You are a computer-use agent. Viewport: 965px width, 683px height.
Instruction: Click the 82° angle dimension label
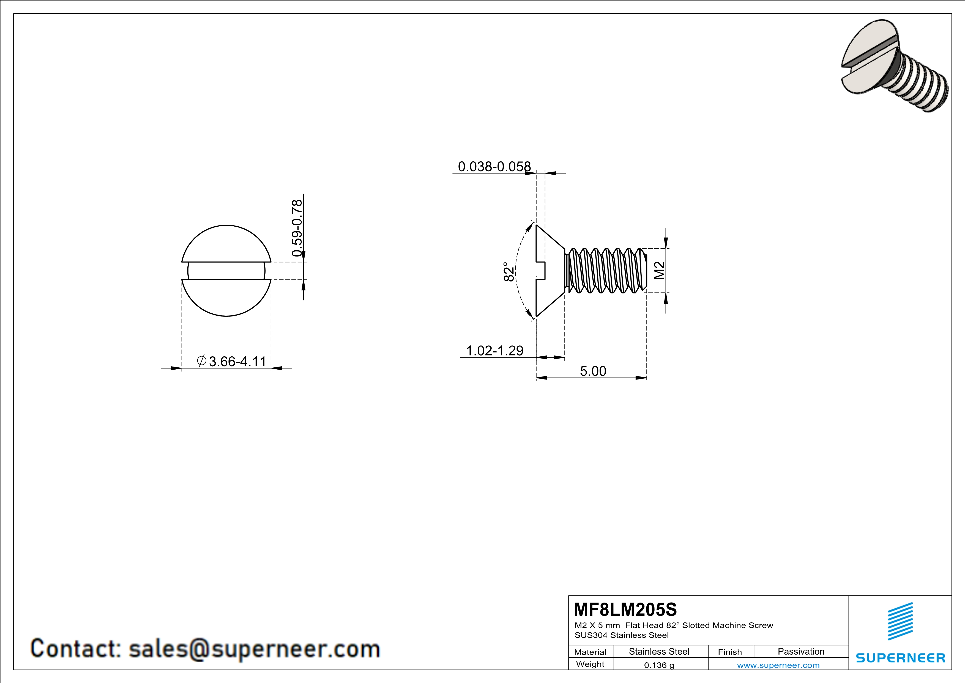click(x=509, y=272)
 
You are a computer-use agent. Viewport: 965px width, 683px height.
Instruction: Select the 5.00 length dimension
click(x=593, y=371)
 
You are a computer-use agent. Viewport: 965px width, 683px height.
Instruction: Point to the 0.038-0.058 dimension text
click(x=494, y=167)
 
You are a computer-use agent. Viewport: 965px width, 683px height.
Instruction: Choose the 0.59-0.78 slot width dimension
click(x=297, y=228)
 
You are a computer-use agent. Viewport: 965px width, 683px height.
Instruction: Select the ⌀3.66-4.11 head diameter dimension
click(x=232, y=361)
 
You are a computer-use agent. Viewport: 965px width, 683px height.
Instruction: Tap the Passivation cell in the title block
click(x=801, y=651)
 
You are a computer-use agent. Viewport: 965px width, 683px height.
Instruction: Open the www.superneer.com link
click(x=778, y=665)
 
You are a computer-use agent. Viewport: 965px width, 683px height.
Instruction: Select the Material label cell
click(x=590, y=652)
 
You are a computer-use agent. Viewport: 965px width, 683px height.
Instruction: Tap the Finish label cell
click(x=730, y=652)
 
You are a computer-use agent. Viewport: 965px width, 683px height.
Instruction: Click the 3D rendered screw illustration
click(x=895, y=66)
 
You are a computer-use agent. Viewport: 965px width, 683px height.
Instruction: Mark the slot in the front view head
click(x=226, y=271)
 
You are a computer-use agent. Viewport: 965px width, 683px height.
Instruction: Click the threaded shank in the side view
click(x=605, y=270)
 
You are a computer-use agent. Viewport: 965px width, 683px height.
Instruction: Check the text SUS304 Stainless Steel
click(x=621, y=635)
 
